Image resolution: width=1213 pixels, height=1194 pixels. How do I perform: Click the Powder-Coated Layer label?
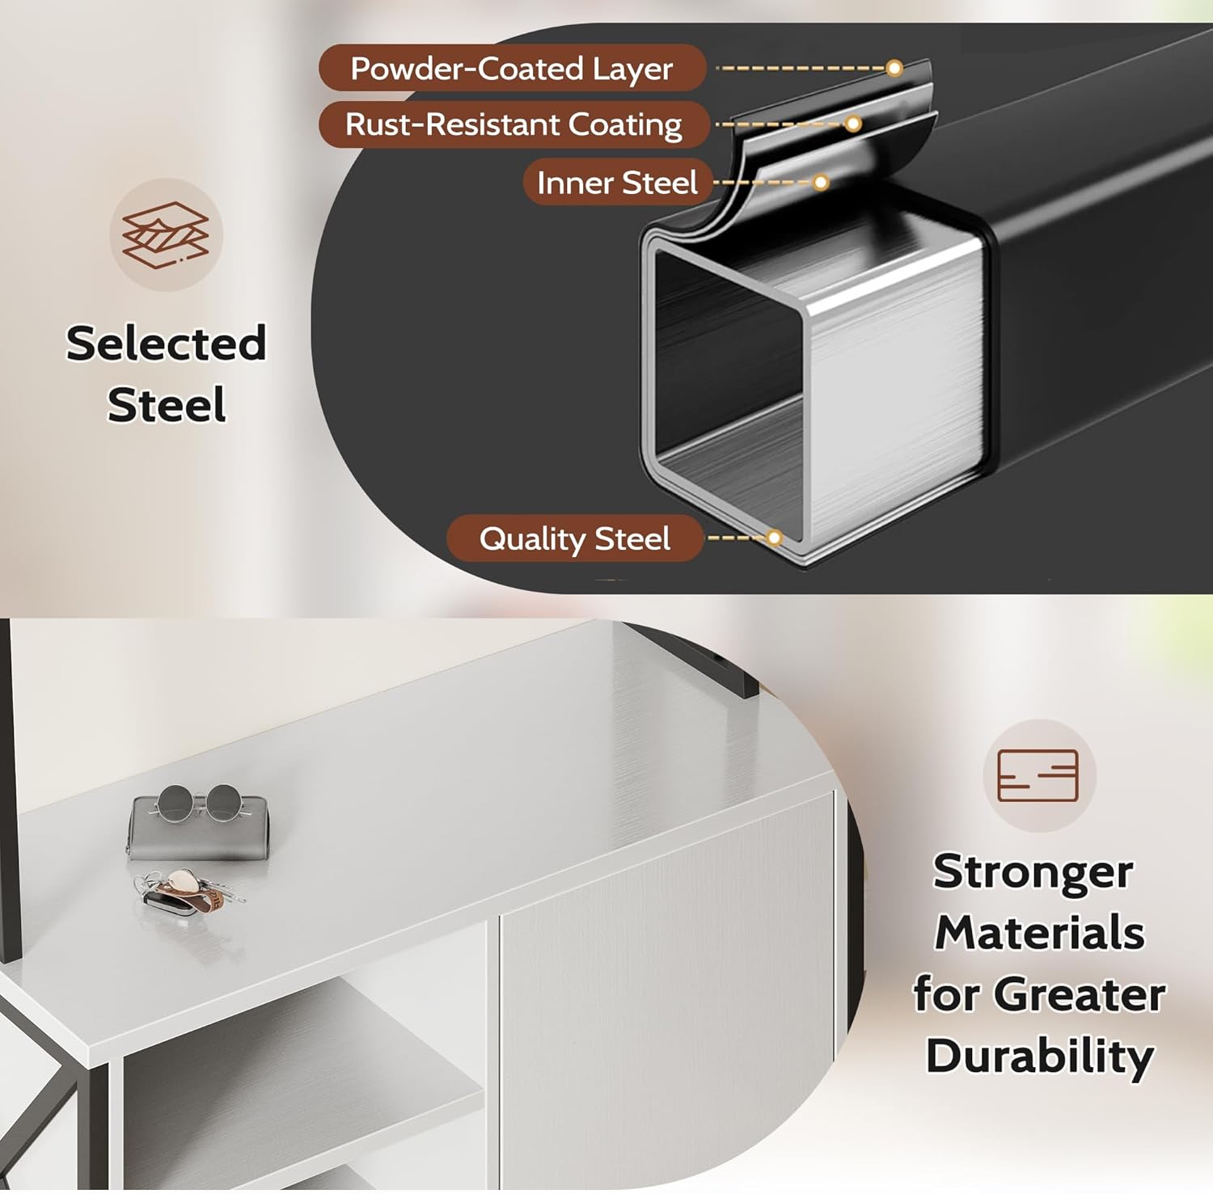click(512, 68)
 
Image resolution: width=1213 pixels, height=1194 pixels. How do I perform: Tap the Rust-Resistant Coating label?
click(514, 124)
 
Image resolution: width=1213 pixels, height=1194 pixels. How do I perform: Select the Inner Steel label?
click(617, 182)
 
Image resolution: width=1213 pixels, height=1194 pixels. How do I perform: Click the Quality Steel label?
click(575, 538)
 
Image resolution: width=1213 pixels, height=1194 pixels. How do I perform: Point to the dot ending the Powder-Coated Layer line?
click(894, 68)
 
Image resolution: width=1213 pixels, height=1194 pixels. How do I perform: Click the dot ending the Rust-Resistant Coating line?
click(853, 124)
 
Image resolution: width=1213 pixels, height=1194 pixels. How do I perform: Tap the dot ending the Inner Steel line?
click(821, 183)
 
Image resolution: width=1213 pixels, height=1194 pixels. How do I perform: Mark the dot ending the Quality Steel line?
click(775, 538)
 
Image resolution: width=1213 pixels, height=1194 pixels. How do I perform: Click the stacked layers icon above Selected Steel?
click(166, 234)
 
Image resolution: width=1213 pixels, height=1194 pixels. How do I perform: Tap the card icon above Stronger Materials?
click(1038, 775)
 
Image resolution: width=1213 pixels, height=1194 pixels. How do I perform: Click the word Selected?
click(166, 343)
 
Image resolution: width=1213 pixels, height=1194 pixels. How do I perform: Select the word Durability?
click(1040, 1056)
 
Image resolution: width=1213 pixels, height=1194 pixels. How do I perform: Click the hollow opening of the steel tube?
click(730, 394)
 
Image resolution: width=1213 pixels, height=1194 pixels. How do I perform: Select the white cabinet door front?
click(667, 990)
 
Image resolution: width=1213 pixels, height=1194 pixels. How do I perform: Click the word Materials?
click(1040, 933)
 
